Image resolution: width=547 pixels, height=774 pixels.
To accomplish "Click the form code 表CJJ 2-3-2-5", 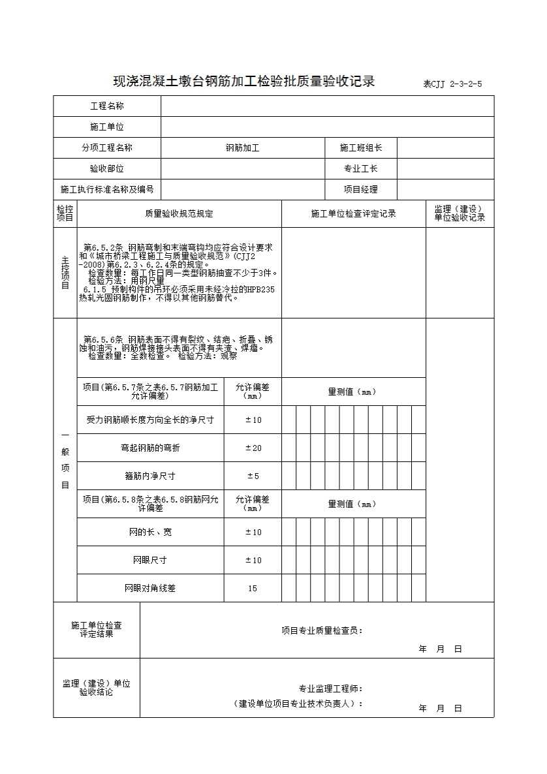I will click(452, 84).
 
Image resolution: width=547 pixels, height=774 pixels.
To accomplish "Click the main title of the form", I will click(244, 82).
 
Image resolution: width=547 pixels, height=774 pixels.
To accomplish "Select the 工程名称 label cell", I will click(107, 106).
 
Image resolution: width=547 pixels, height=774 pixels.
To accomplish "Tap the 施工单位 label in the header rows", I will click(107, 127).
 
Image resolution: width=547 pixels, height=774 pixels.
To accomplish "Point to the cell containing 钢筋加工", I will click(242, 148).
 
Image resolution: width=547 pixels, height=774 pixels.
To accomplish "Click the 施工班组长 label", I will click(361, 148).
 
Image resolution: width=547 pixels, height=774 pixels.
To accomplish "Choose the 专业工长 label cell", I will click(361, 169).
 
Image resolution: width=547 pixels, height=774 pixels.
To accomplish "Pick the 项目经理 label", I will click(361, 190).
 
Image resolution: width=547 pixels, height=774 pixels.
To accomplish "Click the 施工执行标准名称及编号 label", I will click(107, 190).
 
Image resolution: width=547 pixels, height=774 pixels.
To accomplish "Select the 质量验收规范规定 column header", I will click(179, 214).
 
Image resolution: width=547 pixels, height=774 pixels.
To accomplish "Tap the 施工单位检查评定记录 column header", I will click(353, 214).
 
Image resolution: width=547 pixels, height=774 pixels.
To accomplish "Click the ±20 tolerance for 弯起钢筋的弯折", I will click(253, 448).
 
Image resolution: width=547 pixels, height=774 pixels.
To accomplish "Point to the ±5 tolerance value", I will click(253, 476).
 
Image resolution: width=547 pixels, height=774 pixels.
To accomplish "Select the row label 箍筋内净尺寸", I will click(150, 476).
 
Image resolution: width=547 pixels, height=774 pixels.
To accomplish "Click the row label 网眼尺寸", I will click(150, 560).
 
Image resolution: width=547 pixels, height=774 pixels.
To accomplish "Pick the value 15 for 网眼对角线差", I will click(253, 588).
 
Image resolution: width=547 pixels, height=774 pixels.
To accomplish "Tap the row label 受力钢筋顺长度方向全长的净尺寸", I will click(150, 420).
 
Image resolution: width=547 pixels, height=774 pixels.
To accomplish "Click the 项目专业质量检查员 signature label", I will click(322, 630).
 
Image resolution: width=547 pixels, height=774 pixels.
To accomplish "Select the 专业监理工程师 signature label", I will click(331, 689).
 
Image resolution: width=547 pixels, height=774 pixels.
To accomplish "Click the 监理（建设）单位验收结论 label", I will click(97, 688).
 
